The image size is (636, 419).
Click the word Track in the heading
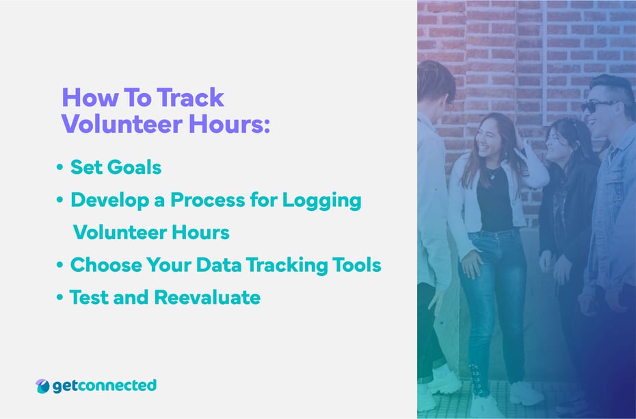[x=191, y=98]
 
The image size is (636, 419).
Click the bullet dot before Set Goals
[x=60, y=168]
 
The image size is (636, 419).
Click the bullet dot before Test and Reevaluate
[x=60, y=299]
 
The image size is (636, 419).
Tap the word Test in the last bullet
[x=88, y=298]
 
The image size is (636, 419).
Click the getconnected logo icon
[x=42, y=386]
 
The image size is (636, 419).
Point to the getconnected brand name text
[x=105, y=385]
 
